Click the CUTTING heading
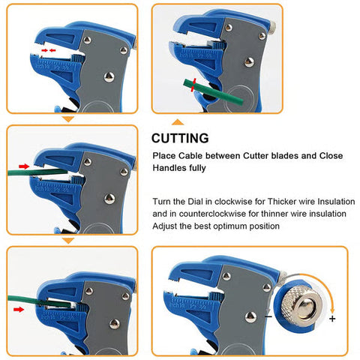(179, 138)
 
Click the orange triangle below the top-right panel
(178, 121)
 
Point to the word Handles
(171, 169)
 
